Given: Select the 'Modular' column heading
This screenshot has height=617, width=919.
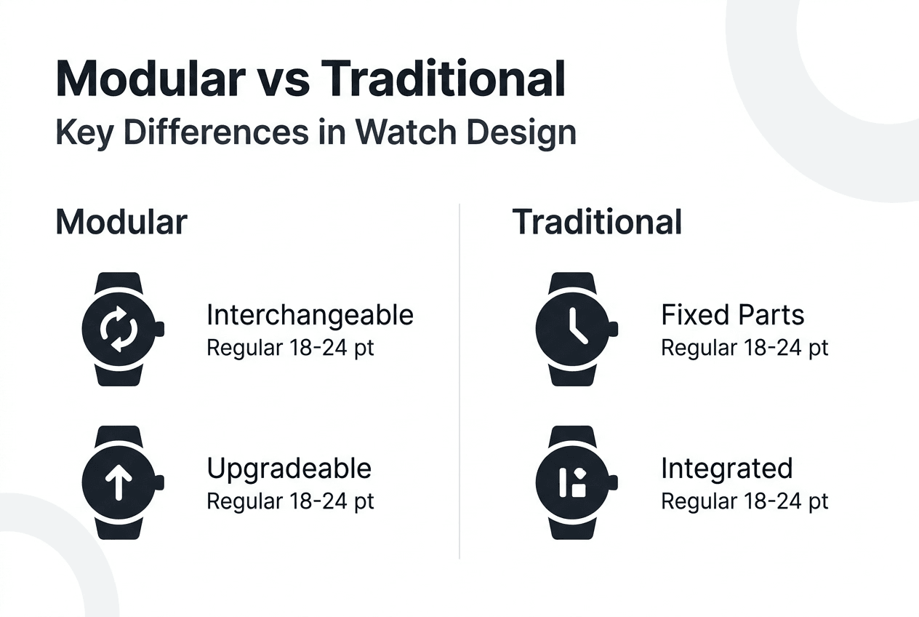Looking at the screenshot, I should point(121,221).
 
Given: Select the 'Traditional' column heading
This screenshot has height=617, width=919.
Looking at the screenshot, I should point(597,221).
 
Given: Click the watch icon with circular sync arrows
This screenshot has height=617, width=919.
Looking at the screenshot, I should point(119,329).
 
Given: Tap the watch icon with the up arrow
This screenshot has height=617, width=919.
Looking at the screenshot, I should point(119,482).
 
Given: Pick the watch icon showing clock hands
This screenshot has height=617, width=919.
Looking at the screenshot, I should point(572,329).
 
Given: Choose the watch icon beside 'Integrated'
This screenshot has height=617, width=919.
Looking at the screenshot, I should point(572,482).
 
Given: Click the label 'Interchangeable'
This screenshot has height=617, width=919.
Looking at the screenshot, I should point(310,315).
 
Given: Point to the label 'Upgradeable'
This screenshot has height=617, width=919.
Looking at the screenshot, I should point(289,468).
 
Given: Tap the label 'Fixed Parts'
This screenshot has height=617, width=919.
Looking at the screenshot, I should point(732,315).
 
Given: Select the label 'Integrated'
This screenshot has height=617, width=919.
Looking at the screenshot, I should point(726,468).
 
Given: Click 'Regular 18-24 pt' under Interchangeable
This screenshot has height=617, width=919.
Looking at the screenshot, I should point(290,348).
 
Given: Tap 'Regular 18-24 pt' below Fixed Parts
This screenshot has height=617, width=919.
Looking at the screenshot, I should point(744,348).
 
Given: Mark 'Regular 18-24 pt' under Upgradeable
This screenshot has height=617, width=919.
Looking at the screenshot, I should point(290,501).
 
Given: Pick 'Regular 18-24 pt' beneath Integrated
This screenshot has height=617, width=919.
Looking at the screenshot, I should point(744,501).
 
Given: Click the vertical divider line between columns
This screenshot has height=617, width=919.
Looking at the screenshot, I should point(459,378).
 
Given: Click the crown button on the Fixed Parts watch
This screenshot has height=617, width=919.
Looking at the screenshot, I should point(613,329).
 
